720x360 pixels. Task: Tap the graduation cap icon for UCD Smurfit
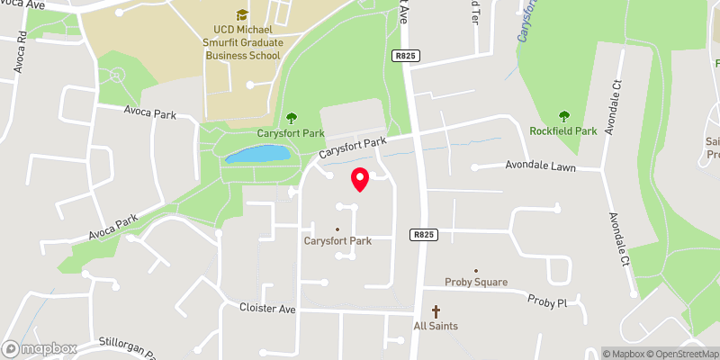[x=240, y=14]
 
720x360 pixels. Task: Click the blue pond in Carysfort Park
[x=258, y=155]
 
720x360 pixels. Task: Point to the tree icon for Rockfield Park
[x=564, y=116]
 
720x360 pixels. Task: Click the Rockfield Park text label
[x=564, y=131]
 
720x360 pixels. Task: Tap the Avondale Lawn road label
[x=552, y=165]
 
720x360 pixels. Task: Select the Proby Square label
[x=476, y=282]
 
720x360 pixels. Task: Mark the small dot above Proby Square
[x=476, y=270]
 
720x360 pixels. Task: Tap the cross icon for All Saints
[x=436, y=311]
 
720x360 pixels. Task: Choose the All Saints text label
[x=436, y=325]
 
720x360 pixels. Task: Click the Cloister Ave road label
[x=267, y=308]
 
